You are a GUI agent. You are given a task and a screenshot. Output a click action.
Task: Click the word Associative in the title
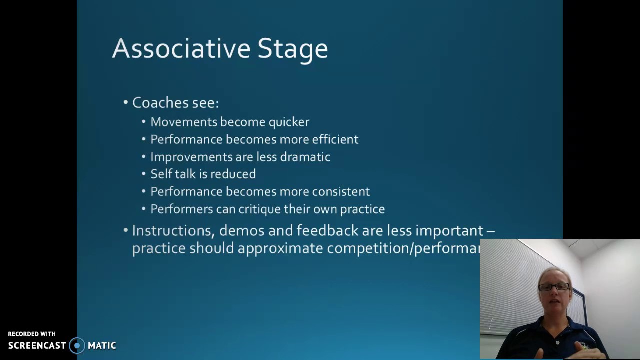coord(181,49)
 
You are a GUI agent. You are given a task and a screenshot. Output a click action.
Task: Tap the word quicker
coord(289,122)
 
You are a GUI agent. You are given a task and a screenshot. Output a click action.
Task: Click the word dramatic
coord(305,157)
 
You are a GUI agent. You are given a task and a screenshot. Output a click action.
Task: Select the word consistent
coord(341,192)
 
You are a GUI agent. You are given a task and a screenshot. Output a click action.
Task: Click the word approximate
coord(280,248)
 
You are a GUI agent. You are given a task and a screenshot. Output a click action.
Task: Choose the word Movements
coord(184,122)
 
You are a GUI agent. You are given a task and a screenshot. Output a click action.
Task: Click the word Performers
coord(181,209)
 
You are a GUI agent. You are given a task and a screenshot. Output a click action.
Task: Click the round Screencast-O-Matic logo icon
coord(77,346)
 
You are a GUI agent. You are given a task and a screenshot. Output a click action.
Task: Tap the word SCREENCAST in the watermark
coord(37,346)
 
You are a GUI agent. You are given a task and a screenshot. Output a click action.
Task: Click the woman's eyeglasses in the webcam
coord(554,287)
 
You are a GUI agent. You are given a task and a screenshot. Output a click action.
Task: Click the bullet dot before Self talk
coord(144,174)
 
